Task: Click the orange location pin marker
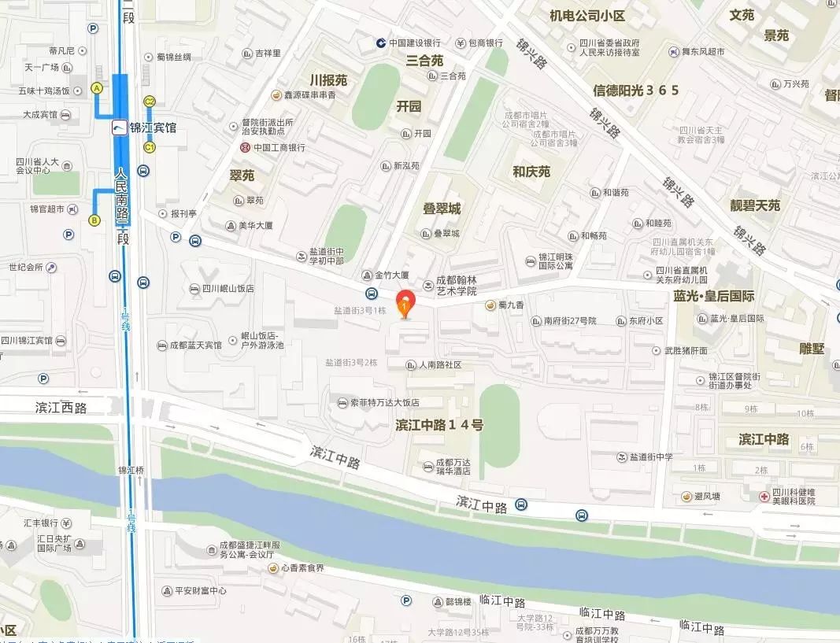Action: (405, 303)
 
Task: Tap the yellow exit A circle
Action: (98, 89)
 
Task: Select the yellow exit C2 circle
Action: (149, 101)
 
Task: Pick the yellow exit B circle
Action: (94, 220)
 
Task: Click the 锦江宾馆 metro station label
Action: (153, 127)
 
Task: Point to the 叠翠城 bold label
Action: (442, 209)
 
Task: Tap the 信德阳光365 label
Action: (636, 91)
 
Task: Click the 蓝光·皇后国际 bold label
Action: (714, 297)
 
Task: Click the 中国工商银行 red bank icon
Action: (246, 147)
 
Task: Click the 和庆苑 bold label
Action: (531, 172)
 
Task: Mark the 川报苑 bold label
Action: (328, 80)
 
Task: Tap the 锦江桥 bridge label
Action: (131, 470)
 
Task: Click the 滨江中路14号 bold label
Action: (439, 425)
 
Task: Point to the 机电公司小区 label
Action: (587, 16)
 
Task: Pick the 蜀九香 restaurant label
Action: (511, 305)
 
